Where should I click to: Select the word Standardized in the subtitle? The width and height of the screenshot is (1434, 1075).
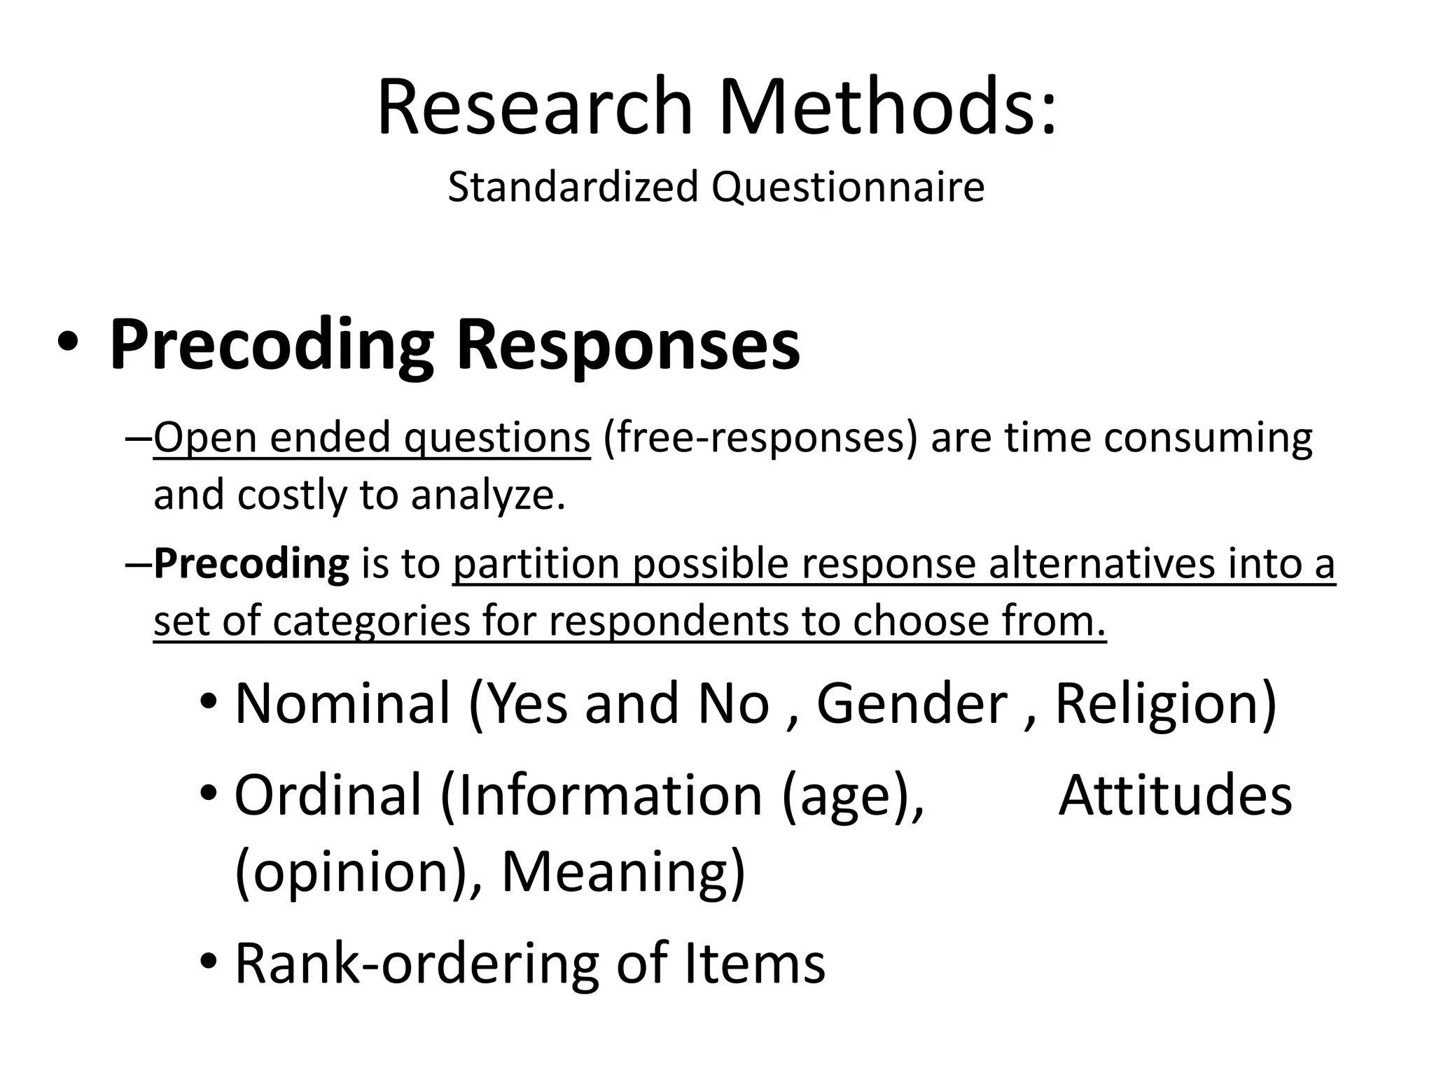573,188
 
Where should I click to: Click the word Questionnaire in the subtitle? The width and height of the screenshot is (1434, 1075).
848,188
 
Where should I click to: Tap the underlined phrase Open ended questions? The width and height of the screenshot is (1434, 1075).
372,438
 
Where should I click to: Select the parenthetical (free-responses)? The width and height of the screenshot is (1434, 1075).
760,438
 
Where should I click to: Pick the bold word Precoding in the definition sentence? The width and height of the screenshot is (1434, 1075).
251,564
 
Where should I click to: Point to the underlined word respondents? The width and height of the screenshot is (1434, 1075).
670,621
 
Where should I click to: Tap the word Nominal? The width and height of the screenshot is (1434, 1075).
342,703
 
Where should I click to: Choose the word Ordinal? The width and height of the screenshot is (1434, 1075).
328,796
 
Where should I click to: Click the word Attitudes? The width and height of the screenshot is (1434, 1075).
1175,796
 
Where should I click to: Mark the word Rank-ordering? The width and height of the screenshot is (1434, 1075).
417,964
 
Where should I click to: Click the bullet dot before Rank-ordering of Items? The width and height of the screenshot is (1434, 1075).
209,963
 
